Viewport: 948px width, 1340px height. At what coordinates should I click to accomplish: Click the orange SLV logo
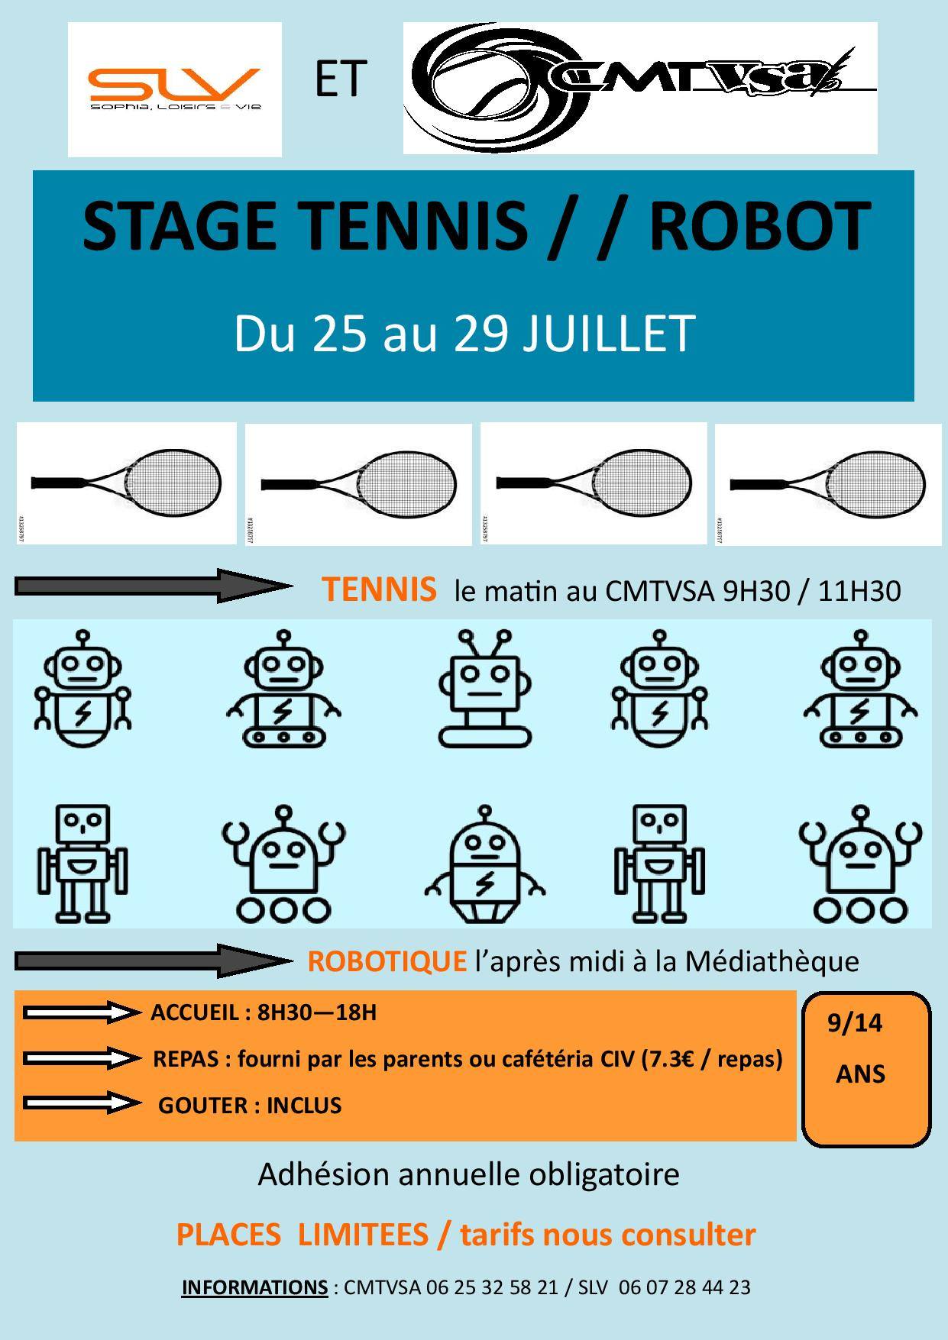[x=175, y=89]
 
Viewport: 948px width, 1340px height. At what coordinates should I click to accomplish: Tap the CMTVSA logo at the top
[x=640, y=88]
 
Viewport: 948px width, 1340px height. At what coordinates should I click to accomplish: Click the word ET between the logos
[x=341, y=80]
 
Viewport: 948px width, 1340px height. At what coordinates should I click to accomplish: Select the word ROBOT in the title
[x=760, y=226]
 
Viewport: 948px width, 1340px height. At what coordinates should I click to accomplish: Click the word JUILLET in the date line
[x=609, y=334]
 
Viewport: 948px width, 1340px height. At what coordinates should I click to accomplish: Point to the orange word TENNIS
[x=379, y=589]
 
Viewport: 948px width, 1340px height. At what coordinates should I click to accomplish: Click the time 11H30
[x=859, y=591]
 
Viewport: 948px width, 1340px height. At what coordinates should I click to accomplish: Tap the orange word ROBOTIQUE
[x=387, y=961]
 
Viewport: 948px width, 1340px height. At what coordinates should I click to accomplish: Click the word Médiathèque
[x=772, y=961]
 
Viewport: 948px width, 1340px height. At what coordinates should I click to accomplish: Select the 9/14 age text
[x=855, y=1023]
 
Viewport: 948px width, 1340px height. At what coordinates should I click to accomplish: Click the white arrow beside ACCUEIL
[x=83, y=1012]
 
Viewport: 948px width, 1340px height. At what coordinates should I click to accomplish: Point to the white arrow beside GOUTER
[x=83, y=1103]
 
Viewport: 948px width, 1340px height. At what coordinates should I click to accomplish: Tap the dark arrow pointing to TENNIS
[x=153, y=586]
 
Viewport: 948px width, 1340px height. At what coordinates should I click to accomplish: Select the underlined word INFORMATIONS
[x=254, y=1287]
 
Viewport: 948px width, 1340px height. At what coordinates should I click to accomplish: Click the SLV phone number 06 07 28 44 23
[x=684, y=1287]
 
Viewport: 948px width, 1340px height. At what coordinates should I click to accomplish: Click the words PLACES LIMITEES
[x=302, y=1234]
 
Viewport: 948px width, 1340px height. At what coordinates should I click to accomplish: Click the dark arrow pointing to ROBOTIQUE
[x=153, y=961]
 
